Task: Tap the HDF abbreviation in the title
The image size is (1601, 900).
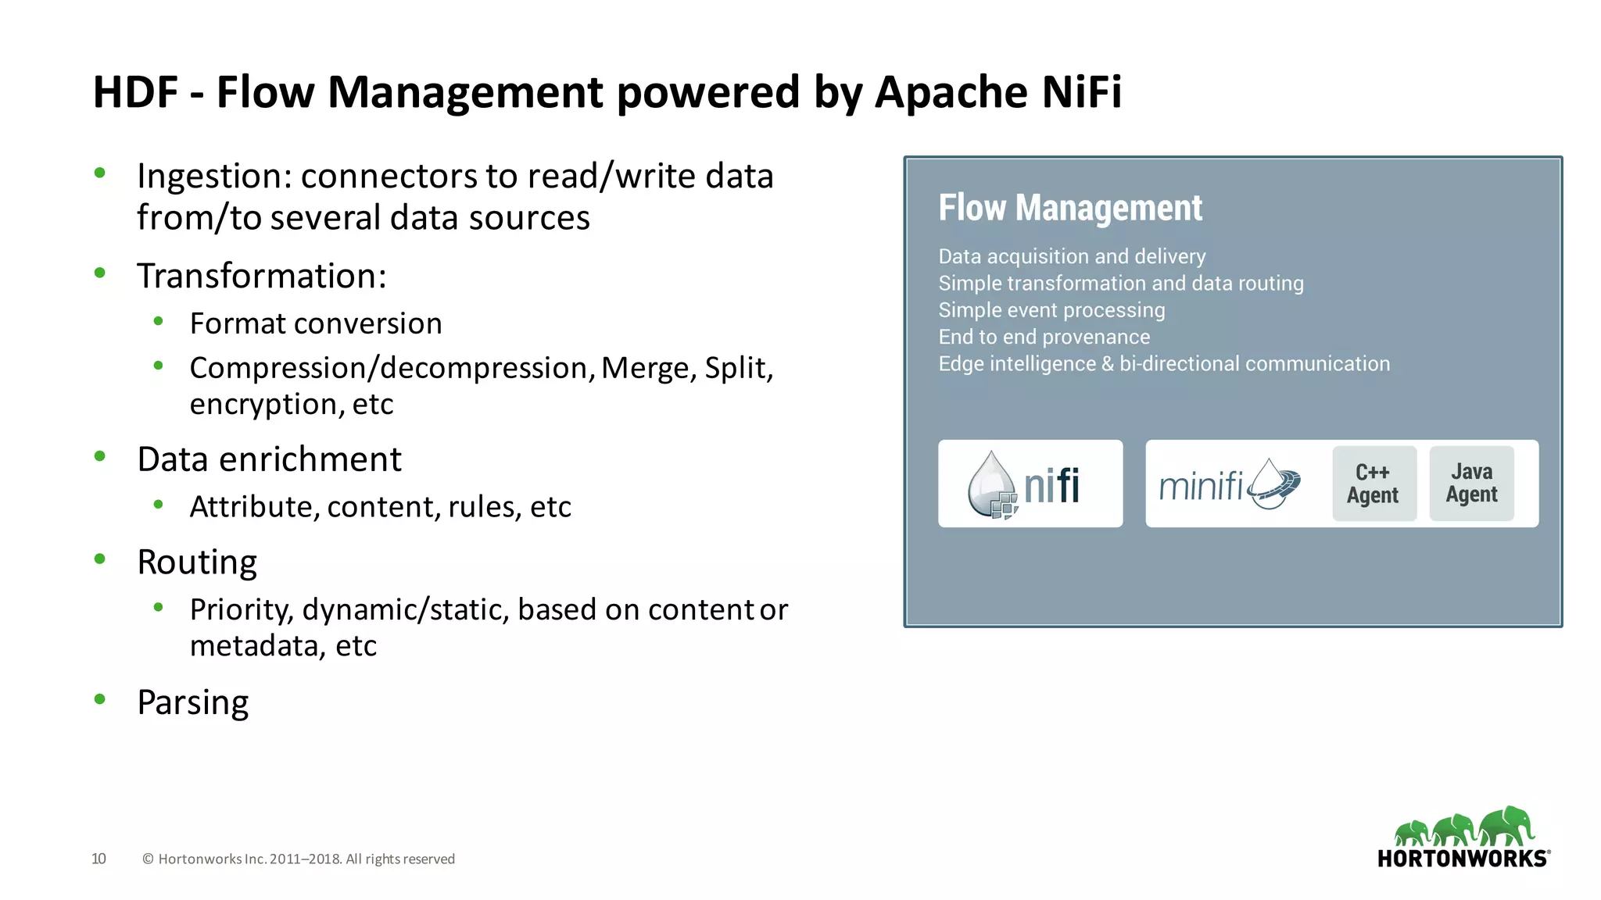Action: click(135, 92)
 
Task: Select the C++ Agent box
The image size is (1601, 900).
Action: click(1374, 484)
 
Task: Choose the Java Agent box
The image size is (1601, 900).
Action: click(1471, 484)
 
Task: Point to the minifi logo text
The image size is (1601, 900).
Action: click(1201, 486)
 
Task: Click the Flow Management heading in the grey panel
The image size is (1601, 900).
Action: click(1069, 208)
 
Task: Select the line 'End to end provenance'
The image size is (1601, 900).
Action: click(1044, 337)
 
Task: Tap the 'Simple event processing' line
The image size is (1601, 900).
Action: click(1051, 310)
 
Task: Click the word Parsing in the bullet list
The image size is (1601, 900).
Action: click(192, 702)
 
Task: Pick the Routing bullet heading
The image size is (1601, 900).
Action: click(196, 562)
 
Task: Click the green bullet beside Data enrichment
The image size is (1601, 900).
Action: click(99, 456)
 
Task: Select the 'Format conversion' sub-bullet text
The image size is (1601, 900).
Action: click(315, 323)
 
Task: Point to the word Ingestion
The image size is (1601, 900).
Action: click(213, 177)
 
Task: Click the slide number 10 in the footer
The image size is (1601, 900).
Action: click(98, 859)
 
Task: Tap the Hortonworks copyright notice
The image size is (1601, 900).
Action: click(298, 859)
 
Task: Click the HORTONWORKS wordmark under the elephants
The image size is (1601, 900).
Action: click(1463, 859)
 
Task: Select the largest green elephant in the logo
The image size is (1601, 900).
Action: click(1508, 825)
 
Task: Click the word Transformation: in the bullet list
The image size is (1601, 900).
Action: click(261, 277)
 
